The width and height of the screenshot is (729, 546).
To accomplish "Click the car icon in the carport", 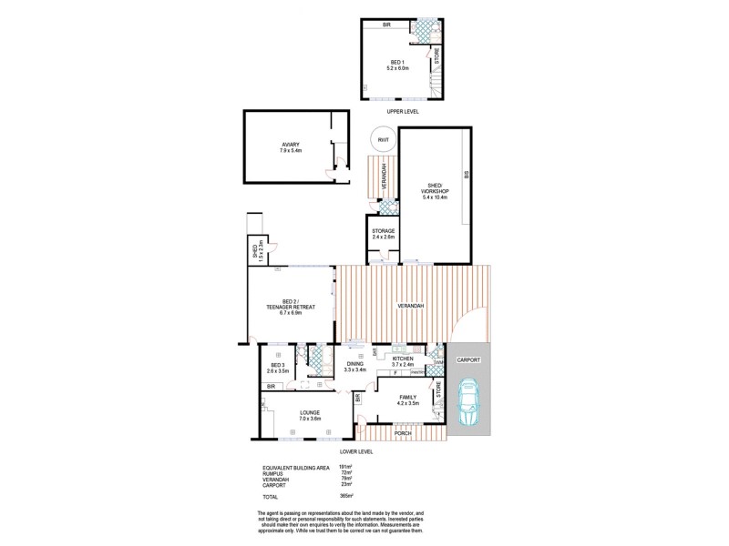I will tap(469, 402).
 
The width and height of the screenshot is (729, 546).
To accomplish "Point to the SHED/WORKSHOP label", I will tap(435, 194).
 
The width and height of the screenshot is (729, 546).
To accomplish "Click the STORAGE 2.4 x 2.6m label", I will tap(384, 234).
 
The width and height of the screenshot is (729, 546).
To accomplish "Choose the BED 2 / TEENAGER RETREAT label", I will tap(290, 307).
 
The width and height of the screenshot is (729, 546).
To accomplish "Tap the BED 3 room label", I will tap(277, 368).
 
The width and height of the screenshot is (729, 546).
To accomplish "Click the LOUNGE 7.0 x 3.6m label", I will tap(309, 415).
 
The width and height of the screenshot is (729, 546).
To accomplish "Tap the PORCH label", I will tap(403, 433).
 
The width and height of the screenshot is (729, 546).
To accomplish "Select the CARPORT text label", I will tap(468, 359).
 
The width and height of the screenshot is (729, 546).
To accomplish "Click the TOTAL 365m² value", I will tap(345, 496).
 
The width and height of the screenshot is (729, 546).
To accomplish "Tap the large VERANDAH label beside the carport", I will tap(410, 306).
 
